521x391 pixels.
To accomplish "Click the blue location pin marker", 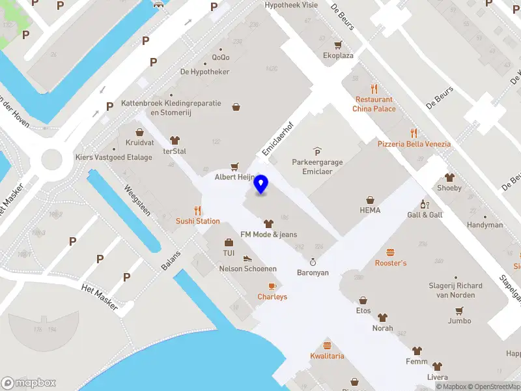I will click(261, 184).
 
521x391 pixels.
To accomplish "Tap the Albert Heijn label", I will click(234, 177).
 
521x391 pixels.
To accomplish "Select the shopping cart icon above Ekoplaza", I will click(338, 45).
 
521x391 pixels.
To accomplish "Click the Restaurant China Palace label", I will click(374, 104).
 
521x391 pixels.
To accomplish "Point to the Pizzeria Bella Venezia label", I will click(414, 143).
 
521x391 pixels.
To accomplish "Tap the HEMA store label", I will click(370, 210).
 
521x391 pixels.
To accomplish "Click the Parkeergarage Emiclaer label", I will click(317, 167).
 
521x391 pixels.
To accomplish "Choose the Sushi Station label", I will click(198, 221).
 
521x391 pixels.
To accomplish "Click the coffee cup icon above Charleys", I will click(272, 286).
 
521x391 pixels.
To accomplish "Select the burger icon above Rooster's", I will click(391, 252).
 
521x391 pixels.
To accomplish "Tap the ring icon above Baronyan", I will click(313, 262).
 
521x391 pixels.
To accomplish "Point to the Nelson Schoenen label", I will click(248, 268).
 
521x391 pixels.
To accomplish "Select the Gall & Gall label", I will click(425, 214).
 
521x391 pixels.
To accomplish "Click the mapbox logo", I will click(29, 383).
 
